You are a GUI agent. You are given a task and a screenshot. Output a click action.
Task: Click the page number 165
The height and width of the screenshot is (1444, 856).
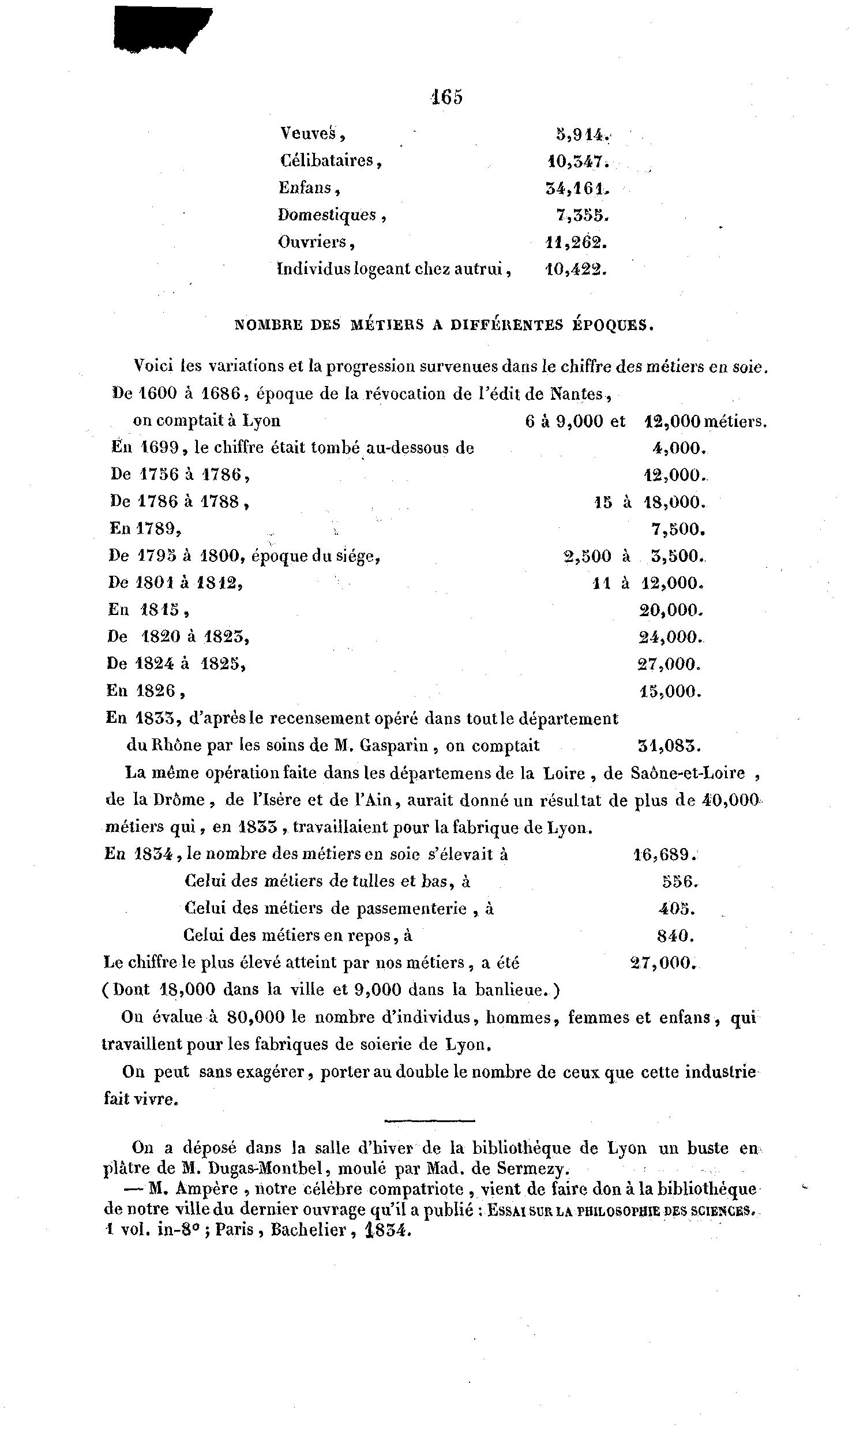[446, 97]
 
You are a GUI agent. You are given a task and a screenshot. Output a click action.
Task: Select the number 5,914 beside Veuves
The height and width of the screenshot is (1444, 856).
[579, 134]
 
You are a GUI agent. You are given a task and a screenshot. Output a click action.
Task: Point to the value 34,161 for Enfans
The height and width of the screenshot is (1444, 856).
[577, 187]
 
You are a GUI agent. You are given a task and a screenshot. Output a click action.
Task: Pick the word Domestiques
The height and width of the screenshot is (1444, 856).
[327, 215]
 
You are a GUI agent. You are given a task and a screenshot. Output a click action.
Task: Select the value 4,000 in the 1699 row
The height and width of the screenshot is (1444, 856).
[675, 448]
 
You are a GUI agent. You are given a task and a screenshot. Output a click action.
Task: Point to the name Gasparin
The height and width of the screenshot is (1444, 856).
[393, 746]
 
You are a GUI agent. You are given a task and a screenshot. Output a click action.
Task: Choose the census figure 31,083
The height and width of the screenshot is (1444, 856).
[668, 746]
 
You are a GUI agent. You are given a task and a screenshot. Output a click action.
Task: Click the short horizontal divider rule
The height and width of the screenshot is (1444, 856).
[429, 1121]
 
